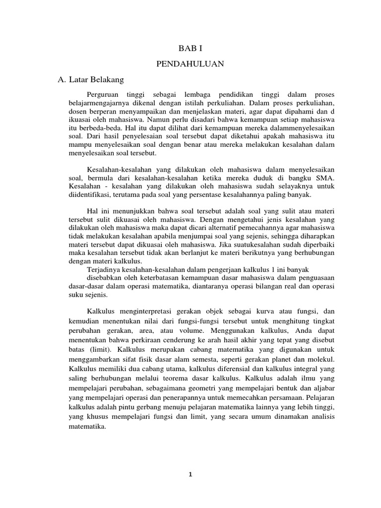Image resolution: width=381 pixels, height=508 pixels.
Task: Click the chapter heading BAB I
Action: (x=190, y=48)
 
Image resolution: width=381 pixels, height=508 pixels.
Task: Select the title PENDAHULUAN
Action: (x=190, y=63)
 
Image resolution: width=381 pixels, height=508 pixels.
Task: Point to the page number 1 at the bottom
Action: (x=190, y=474)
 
